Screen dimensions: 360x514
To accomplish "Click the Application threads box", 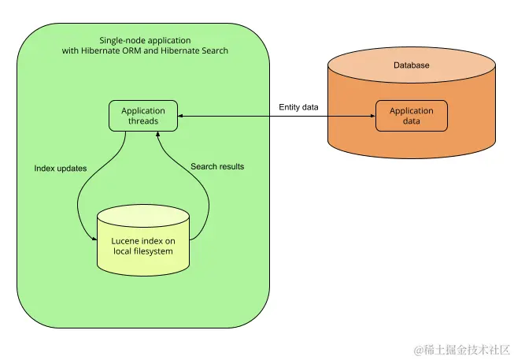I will pyautogui.click(x=142, y=116).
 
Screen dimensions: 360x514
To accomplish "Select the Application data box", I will pyautogui.click(x=412, y=116).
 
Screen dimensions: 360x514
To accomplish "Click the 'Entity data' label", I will pyautogui.click(x=299, y=107).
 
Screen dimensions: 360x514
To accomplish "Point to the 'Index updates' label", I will pyautogui.click(x=61, y=169).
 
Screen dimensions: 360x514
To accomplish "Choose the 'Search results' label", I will pyautogui.click(x=217, y=166).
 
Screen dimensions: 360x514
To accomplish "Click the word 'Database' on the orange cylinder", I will pyautogui.click(x=412, y=65).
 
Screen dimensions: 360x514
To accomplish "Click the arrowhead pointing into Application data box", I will pyautogui.click(x=372, y=117).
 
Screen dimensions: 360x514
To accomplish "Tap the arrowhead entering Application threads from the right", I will pyautogui.click(x=181, y=117).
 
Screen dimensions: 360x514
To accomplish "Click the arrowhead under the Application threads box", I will pyautogui.click(x=159, y=135).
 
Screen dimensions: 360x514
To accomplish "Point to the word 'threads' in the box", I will pyautogui.click(x=142, y=121).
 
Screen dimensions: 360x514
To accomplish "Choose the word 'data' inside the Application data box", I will pyautogui.click(x=412, y=121).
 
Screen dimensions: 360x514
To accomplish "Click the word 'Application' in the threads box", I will pyautogui.click(x=142, y=111).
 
